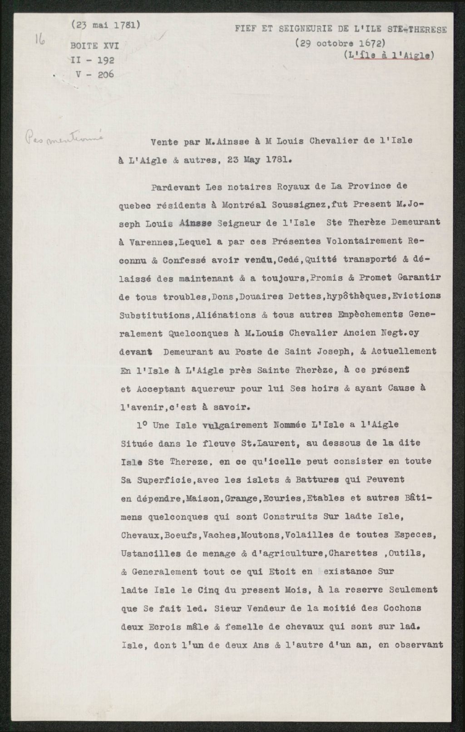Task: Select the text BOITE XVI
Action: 92,46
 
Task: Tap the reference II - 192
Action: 91,60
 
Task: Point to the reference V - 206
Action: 95,74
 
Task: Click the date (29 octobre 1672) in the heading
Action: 340,44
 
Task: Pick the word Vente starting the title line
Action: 164,141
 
